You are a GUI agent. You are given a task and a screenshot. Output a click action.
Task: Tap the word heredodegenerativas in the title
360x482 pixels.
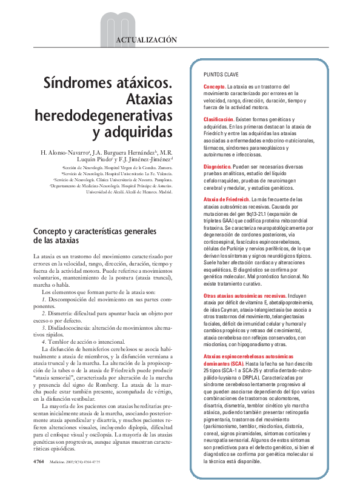(104, 114)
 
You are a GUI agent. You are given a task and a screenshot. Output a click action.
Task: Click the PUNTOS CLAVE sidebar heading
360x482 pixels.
(221, 74)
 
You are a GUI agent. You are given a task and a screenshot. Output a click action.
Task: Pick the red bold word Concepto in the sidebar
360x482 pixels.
(214, 87)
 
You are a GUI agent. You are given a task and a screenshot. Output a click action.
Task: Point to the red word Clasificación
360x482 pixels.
(219, 120)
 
